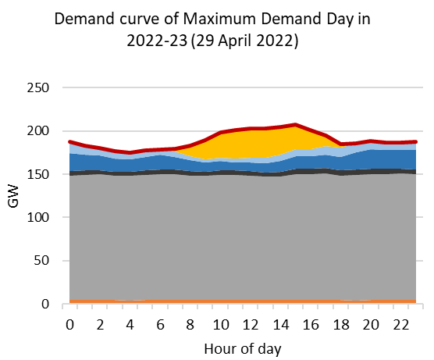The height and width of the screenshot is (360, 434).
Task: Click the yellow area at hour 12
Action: point(247,144)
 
